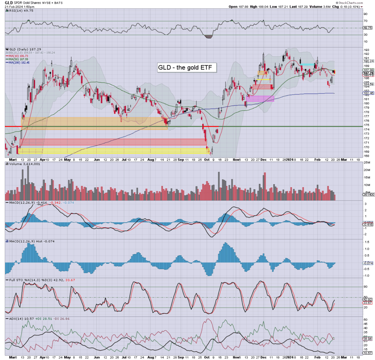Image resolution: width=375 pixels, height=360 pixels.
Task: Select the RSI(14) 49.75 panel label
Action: (x=19, y=11)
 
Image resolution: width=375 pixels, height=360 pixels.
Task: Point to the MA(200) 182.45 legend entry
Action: (x=19, y=63)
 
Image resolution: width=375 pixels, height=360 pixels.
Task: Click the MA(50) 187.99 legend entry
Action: (x=19, y=59)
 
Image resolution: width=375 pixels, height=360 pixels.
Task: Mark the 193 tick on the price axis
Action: (x=365, y=50)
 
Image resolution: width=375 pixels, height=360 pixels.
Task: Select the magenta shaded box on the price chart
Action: (x=260, y=99)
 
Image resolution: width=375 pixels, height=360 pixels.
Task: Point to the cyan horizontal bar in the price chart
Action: (x=307, y=64)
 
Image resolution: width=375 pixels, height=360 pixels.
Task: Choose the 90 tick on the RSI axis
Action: (x=365, y=14)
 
